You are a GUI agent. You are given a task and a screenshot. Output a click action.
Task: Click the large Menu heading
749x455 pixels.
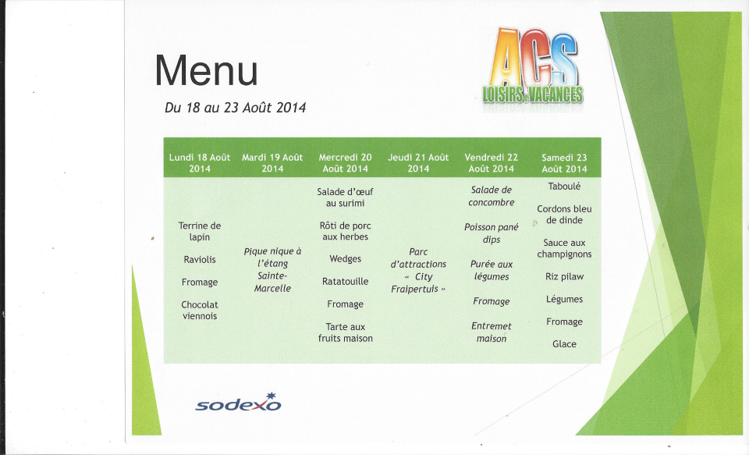(x=206, y=71)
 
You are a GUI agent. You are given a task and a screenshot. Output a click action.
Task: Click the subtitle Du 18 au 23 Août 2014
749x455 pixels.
(x=235, y=108)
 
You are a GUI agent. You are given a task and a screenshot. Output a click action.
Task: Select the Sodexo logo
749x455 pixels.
(x=239, y=403)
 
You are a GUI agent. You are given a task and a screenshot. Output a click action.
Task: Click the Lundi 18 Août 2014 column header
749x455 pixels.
(x=200, y=163)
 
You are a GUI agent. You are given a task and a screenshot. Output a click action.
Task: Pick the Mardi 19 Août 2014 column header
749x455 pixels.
(x=272, y=163)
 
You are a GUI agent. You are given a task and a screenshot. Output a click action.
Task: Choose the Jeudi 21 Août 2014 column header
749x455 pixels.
(x=418, y=163)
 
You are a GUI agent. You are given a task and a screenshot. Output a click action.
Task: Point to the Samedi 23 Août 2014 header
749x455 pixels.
(x=564, y=163)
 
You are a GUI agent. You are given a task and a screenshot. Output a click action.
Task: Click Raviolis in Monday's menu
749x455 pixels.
(x=200, y=260)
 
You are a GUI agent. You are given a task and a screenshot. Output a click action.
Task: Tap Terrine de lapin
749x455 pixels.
(x=200, y=231)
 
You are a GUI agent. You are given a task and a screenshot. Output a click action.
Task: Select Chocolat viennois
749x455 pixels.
(x=200, y=310)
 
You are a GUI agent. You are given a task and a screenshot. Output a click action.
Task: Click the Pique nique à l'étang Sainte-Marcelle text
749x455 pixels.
(x=272, y=269)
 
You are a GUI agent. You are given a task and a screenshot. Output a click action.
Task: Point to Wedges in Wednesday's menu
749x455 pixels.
(x=346, y=259)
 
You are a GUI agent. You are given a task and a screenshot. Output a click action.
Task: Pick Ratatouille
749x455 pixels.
(x=346, y=282)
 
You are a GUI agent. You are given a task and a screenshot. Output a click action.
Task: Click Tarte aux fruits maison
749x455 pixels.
(x=346, y=332)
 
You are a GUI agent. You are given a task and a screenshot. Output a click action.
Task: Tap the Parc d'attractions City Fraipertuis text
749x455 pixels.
(x=418, y=270)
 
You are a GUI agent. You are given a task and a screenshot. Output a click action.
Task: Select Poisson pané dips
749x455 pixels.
(x=491, y=233)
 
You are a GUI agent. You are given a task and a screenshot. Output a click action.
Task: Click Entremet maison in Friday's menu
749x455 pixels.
(x=491, y=332)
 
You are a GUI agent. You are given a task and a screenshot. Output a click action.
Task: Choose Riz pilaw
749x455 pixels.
(x=564, y=277)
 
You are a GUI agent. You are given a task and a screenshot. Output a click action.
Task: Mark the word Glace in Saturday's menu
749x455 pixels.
(x=564, y=344)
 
